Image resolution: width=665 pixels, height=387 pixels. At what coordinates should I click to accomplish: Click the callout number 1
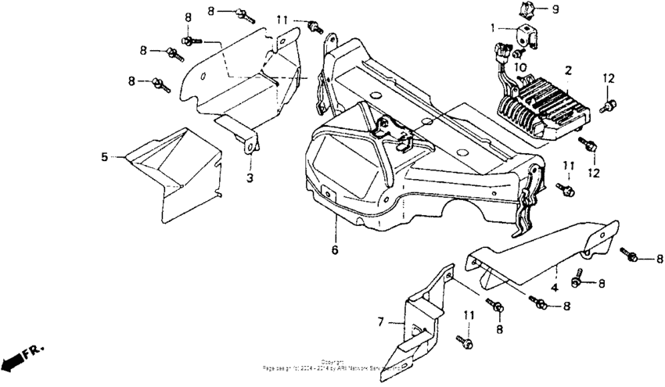pyautogui.click(x=493, y=28)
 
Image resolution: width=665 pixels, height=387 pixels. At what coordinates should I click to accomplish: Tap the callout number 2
pyautogui.click(x=569, y=70)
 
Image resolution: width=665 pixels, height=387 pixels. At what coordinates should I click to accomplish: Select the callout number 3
pyautogui.click(x=250, y=179)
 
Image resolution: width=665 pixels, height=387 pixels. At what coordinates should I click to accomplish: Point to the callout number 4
pyautogui.click(x=554, y=288)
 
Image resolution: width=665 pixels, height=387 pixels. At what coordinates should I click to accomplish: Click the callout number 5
pyautogui.click(x=104, y=156)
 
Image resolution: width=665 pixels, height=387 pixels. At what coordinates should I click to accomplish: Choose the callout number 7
pyautogui.click(x=381, y=322)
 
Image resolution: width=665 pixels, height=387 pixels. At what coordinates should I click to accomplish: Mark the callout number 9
pyautogui.click(x=555, y=9)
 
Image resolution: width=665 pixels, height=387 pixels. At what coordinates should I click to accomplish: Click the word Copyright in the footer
pyautogui.click(x=332, y=361)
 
